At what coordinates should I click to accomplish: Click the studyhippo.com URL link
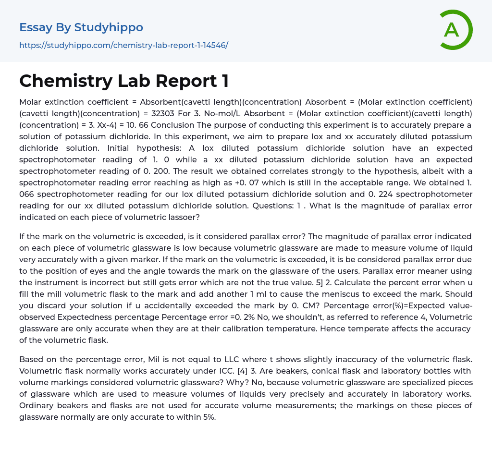[x=123, y=45]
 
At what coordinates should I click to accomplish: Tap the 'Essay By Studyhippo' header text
[x=81, y=27]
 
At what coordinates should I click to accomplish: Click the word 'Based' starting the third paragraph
[x=31, y=359]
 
